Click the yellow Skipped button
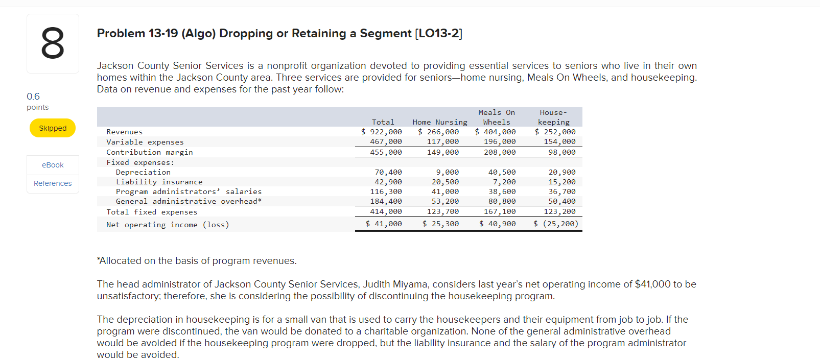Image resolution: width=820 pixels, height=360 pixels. [53, 128]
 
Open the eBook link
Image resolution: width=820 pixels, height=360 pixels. [53, 165]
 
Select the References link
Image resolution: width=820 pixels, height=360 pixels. [53, 183]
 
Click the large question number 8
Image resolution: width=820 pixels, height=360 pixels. [53, 44]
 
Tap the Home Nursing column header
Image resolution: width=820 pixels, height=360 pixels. [439, 122]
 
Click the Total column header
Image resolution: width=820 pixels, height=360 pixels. [383, 122]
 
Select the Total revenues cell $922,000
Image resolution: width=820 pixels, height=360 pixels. [382, 132]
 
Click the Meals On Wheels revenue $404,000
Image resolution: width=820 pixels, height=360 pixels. [495, 132]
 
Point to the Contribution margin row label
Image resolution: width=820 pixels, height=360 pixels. [149, 152]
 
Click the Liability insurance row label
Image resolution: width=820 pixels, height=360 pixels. [159, 182]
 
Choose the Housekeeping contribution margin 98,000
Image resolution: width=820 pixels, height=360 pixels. [561, 152]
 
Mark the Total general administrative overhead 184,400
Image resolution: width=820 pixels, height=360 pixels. [386, 201]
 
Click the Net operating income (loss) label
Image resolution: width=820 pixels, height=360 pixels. [168, 225]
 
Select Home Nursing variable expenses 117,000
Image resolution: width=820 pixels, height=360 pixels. [442, 141]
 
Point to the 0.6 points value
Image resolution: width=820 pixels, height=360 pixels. [33, 97]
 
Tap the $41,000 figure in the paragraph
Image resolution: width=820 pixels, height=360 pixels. [652, 284]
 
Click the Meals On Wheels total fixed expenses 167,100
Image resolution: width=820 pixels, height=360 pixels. [500, 211]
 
